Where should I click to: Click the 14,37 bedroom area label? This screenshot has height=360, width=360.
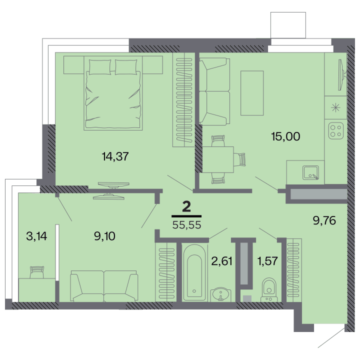click(x=115, y=156)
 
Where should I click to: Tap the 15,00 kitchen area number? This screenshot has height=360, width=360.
click(x=285, y=136)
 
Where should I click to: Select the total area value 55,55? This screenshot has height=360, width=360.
click(x=186, y=225)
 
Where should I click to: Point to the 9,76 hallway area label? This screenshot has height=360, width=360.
click(x=324, y=220)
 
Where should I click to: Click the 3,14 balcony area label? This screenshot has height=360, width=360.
click(x=36, y=236)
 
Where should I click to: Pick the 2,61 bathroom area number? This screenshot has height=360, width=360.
click(x=221, y=261)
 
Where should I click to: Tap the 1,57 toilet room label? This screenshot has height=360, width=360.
click(x=267, y=261)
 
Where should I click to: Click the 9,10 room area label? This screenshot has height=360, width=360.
click(x=104, y=236)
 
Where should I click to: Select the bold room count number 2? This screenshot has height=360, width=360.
click(x=186, y=207)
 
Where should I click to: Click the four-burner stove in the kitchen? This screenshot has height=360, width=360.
click(x=336, y=131)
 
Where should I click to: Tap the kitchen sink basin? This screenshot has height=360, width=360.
click(x=310, y=172)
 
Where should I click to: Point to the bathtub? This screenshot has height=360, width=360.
click(x=194, y=272)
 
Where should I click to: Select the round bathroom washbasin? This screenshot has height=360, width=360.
click(x=220, y=294)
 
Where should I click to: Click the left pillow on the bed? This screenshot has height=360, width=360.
click(x=100, y=67)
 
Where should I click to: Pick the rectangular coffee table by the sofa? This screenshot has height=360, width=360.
click(x=252, y=93)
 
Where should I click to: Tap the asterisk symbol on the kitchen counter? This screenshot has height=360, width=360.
click(x=335, y=107)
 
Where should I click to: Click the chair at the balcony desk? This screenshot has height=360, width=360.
click(x=37, y=272)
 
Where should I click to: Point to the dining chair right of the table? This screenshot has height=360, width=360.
click(x=239, y=159)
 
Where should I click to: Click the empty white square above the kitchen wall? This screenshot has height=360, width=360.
click(x=288, y=25)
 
